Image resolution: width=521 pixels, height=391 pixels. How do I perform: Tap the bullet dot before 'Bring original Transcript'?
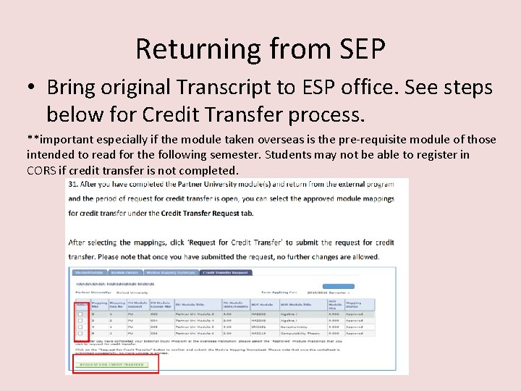(32, 88)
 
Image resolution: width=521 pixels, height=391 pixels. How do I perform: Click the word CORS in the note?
(41, 170)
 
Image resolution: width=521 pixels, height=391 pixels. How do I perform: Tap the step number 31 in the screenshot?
(72, 185)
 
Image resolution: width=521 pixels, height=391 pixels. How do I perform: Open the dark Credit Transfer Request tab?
(226, 273)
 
